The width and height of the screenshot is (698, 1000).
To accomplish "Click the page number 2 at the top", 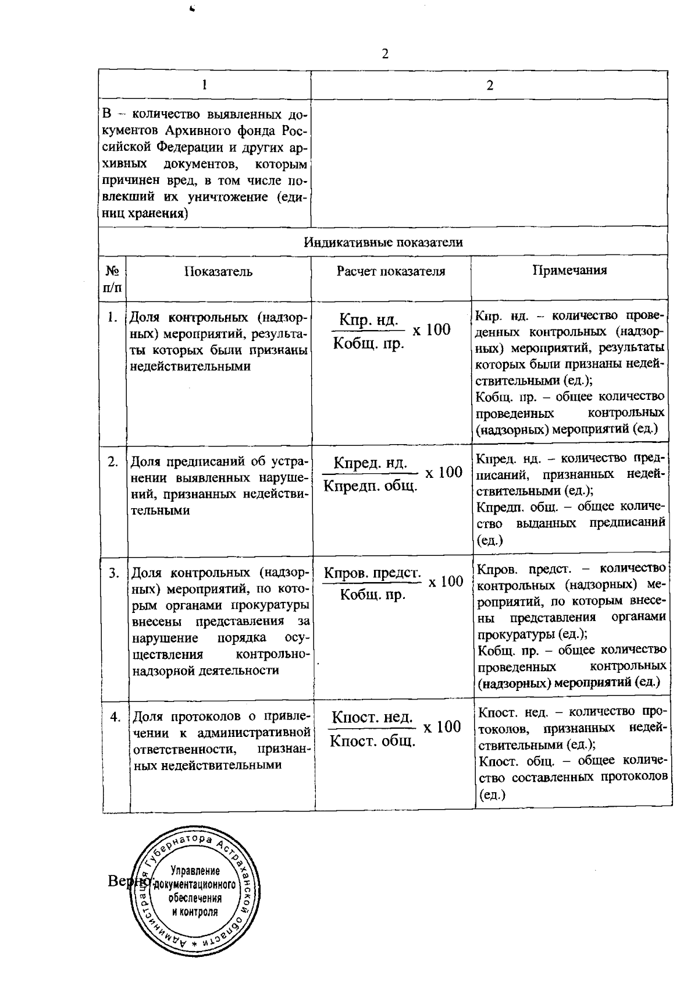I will click(384, 54).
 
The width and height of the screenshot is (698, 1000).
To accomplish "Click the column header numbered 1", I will click(204, 84).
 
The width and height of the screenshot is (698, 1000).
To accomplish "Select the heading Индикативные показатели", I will click(383, 242).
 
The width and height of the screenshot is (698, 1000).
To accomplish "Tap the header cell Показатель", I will click(218, 271).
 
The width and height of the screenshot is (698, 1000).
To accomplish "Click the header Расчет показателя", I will click(390, 271).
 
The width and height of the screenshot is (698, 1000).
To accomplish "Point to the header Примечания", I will click(569, 270).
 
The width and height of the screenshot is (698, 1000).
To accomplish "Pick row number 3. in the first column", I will click(113, 573).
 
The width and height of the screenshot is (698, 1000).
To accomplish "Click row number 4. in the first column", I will click(115, 717).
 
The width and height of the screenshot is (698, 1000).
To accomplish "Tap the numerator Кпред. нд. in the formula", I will click(370, 464).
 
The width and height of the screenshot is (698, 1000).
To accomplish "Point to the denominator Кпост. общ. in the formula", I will click(372, 742).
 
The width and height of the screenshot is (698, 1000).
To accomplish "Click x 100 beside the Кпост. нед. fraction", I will click(441, 727).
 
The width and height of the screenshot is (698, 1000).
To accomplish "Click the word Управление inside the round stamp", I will click(194, 871).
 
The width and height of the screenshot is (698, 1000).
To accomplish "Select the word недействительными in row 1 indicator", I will click(190, 367).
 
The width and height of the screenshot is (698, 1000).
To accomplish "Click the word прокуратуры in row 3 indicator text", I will click(272, 605).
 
